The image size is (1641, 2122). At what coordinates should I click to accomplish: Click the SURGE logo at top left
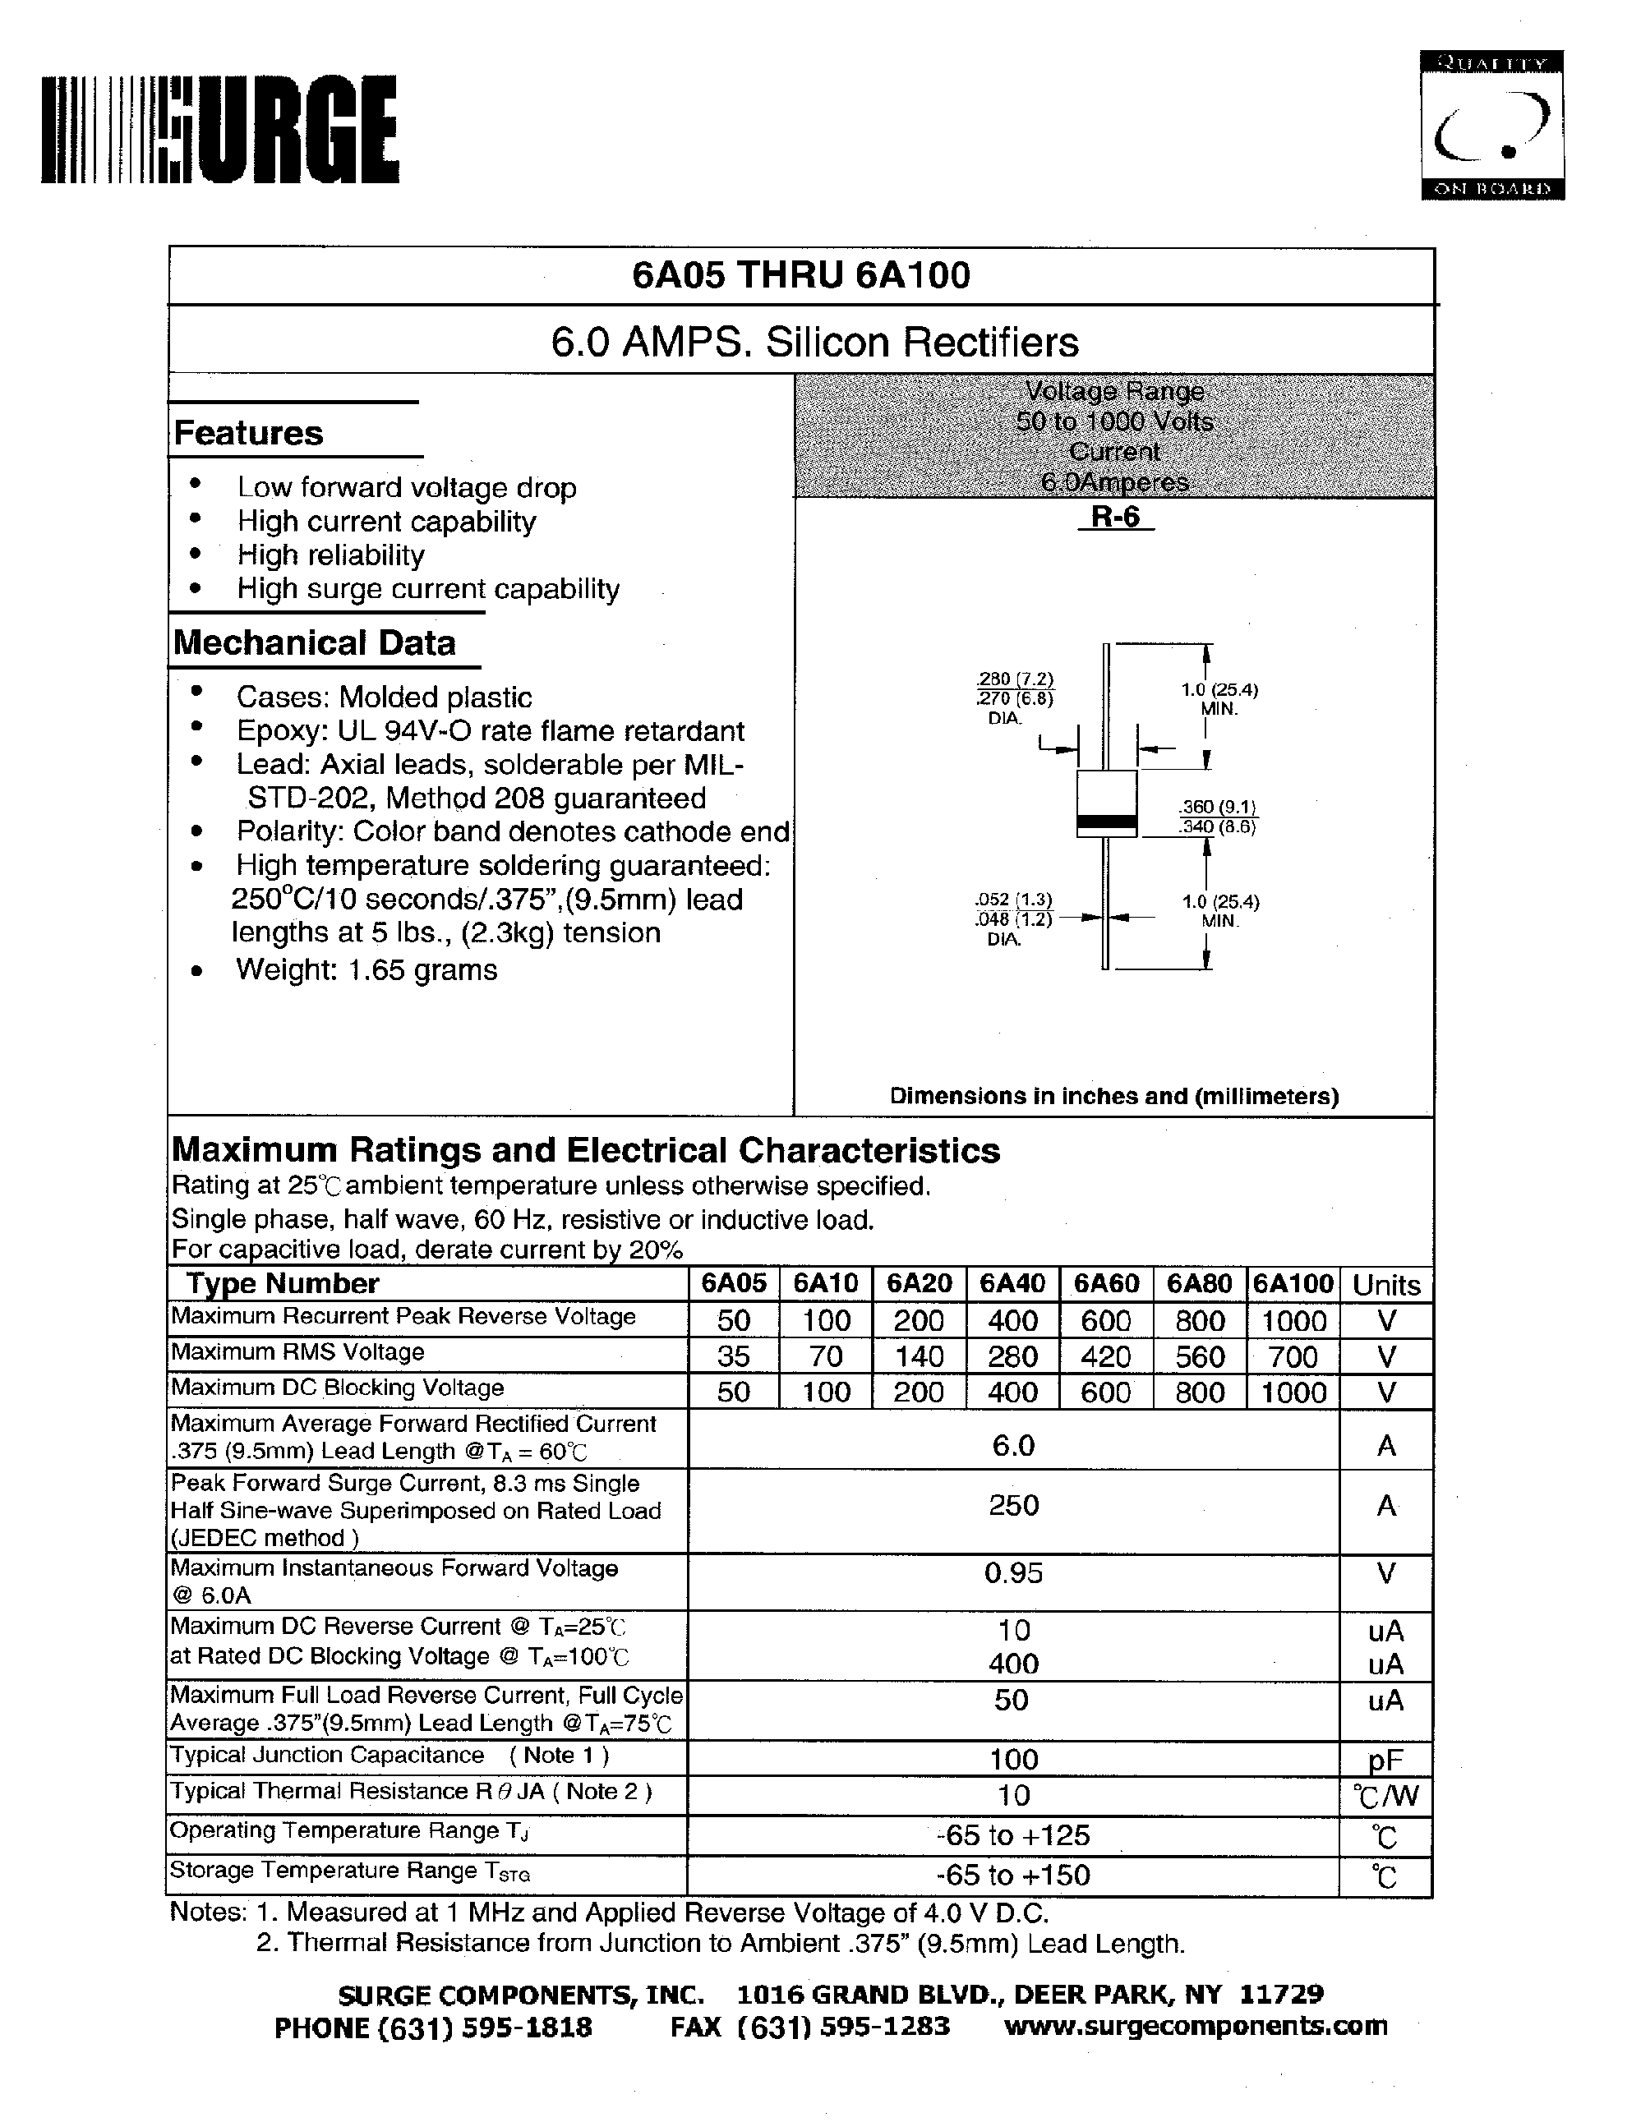coord(219,130)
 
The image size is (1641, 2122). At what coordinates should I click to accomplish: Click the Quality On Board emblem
coord(1491,126)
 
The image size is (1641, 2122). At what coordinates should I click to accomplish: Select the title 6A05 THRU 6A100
coord(800,276)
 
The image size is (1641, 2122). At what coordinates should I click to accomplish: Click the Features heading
coord(249,433)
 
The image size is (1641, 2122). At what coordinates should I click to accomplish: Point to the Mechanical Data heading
coord(314,643)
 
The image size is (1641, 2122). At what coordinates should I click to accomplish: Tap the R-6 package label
coord(1114,518)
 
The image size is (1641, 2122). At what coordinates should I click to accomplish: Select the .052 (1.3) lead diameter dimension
coord(1013,900)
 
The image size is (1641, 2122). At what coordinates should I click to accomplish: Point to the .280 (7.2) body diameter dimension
coord(1016,679)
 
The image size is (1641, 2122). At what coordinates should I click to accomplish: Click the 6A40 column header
coord(1012,1283)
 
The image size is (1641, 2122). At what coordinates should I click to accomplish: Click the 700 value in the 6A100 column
coord(1293,1356)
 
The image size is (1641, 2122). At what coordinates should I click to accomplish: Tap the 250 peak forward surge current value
coord(1013,1505)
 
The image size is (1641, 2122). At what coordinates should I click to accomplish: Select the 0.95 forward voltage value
coord(1013,1573)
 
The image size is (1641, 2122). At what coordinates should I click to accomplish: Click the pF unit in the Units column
coord(1385,1760)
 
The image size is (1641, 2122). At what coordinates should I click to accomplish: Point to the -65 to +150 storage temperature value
coord(1013,1876)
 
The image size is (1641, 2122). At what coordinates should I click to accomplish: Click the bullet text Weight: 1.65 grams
coord(366,969)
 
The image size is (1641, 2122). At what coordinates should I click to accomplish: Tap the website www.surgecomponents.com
coord(1195,2026)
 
